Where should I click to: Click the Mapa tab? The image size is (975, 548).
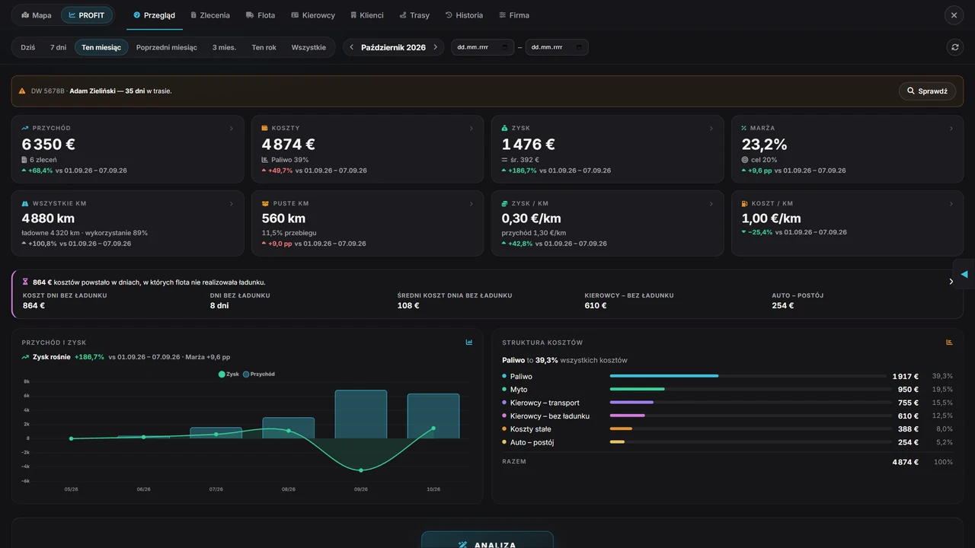tap(37, 15)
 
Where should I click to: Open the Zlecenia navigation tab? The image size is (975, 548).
tap(210, 15)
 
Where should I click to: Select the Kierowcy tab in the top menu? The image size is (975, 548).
tap(313, 15)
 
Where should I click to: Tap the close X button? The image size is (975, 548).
tap(954, 15)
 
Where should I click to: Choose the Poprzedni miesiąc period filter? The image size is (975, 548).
tap(166, 47)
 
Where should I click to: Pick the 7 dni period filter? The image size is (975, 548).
tap(58, 47)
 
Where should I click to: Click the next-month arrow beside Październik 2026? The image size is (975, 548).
tap(435, 47)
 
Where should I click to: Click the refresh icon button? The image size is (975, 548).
tap(955, 47)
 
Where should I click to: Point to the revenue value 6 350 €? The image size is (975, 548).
tap(48, 145)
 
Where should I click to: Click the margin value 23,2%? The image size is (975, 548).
tap(764, 145)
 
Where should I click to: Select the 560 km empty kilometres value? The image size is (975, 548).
tap(283, 218)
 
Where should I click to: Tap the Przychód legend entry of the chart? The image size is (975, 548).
tap(259, 374)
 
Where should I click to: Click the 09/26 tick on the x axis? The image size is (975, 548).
tap(361, 489)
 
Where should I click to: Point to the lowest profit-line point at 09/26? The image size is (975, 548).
tap(361, 470)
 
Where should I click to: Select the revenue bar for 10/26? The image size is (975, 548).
tap(433, 416)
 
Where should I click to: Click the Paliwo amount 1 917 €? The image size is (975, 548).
tap(906, 376)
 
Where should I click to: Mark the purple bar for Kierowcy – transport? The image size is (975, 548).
tap(631, 403)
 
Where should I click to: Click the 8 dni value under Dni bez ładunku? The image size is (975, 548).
tap(219, 306)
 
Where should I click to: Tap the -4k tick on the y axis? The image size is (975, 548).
tap(26, 467)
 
